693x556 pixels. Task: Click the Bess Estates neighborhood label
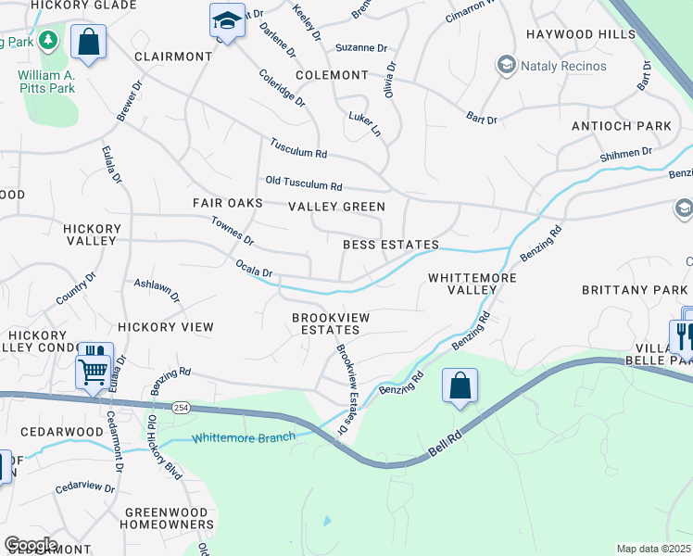pos(390,246)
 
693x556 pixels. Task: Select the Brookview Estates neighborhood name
pos(331,323)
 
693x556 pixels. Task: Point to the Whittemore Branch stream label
pos(243,437)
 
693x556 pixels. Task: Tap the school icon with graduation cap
pos(226,19)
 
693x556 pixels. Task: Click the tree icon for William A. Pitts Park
pos(49,41)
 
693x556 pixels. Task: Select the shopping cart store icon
pos(92,372)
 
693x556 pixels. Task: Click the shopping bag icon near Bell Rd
pos(460,385)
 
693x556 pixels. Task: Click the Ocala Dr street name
pos(254,272)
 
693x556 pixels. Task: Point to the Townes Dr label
pos(232,231)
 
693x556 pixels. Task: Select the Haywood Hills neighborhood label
pos(581,34)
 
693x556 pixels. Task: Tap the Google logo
pos(31,545)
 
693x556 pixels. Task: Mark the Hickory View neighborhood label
pos(166,327)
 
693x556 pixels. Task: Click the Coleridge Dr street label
pos(282,88)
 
